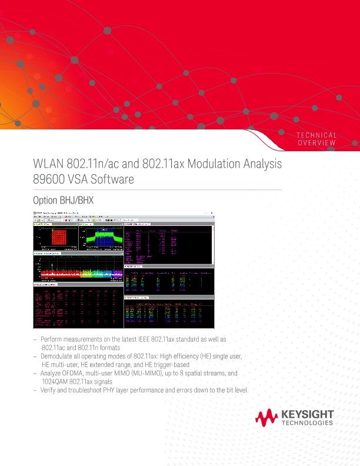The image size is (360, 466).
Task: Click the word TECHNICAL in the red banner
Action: pyautogui.click(x=318, y=135)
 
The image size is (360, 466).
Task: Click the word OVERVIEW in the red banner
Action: pyautogui.click(x=318, y=143)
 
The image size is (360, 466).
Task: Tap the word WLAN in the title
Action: pyautogui.click(x=49, y=164)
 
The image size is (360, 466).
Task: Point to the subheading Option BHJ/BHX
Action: pyautogui.click(x=64, y=201)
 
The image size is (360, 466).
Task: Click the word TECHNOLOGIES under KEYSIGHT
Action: pyautogui.click(x=308, y=423)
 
